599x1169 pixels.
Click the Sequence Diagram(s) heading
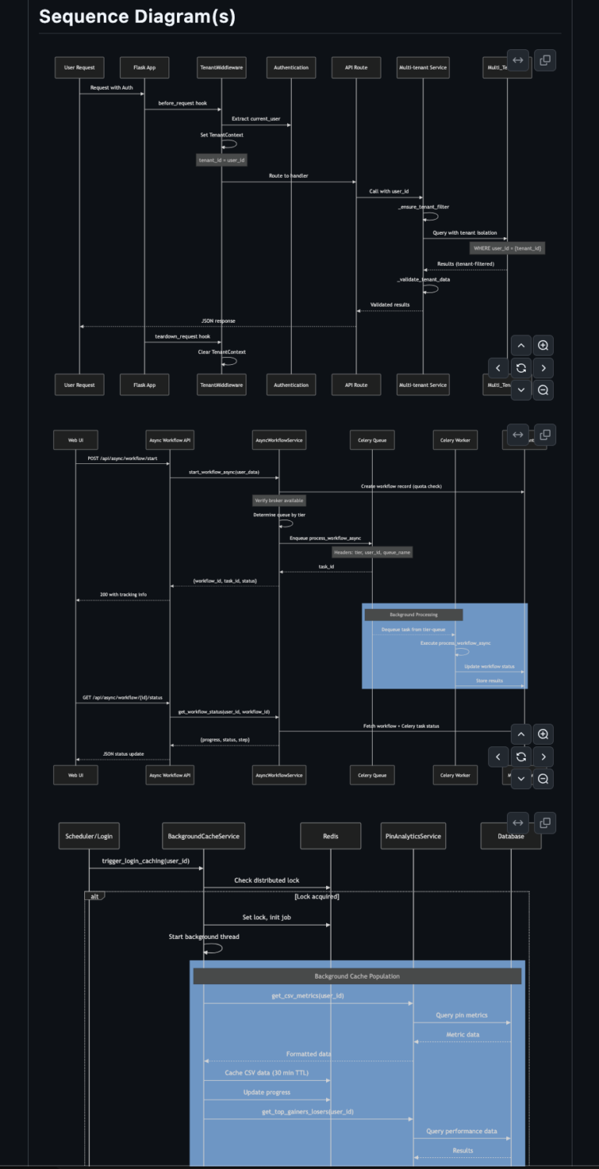[137, 16]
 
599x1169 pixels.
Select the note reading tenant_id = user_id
[222, 160]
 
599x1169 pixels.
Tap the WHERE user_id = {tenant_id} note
[508, 248]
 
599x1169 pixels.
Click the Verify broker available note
[279, 501]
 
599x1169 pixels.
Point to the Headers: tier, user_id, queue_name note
[372, 551]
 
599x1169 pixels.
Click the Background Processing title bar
[413, 615]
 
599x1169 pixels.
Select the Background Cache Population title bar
[356, 976]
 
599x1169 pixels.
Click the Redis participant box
[331, 837]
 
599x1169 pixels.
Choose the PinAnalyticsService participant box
[413, 837]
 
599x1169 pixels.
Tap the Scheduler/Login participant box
[89, 837]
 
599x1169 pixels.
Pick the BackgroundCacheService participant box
[204, 837]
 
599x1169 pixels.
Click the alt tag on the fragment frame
[94, 896]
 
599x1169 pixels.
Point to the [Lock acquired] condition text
[317, 897]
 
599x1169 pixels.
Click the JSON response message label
[219, 321]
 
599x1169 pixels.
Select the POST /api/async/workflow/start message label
[123, 459]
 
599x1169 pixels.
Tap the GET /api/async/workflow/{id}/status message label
[123, 697]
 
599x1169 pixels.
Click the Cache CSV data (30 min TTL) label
[267, 1073]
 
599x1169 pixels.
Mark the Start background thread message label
[204, 937]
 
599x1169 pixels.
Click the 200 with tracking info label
[123, 594]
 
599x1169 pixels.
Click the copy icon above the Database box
[545, 821]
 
